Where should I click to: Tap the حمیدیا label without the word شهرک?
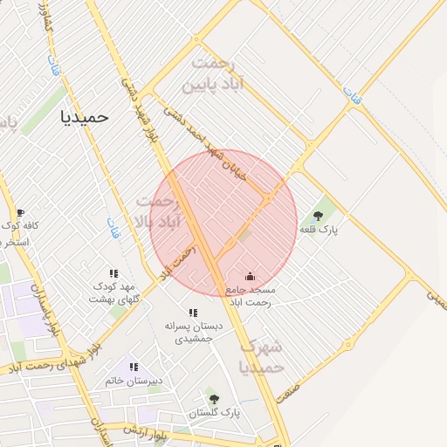pyautogui.click(x=85, y=115)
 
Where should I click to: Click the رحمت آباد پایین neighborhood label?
pyautogui.click(x=217, y=75)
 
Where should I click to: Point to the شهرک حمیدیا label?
pyautogui.click(x=262, y=356)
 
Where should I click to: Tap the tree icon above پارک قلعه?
pyautogui.click(x=329, y=215)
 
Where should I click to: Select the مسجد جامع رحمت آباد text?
pyautogui.click(x=250, y=295)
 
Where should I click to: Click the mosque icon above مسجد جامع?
pyautogui.click(x=251, y=277)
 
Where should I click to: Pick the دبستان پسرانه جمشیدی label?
pyautogui.click(x=193, y=332)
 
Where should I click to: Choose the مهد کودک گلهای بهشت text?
pyautogui.click(x=113, y=292)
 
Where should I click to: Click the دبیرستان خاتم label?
pyautogui.click(x=134, y=382)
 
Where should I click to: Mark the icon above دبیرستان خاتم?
pyautogui.click(x=134, y=368)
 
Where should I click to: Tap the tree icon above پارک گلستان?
pyautogui.click(x=210, y=398)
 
